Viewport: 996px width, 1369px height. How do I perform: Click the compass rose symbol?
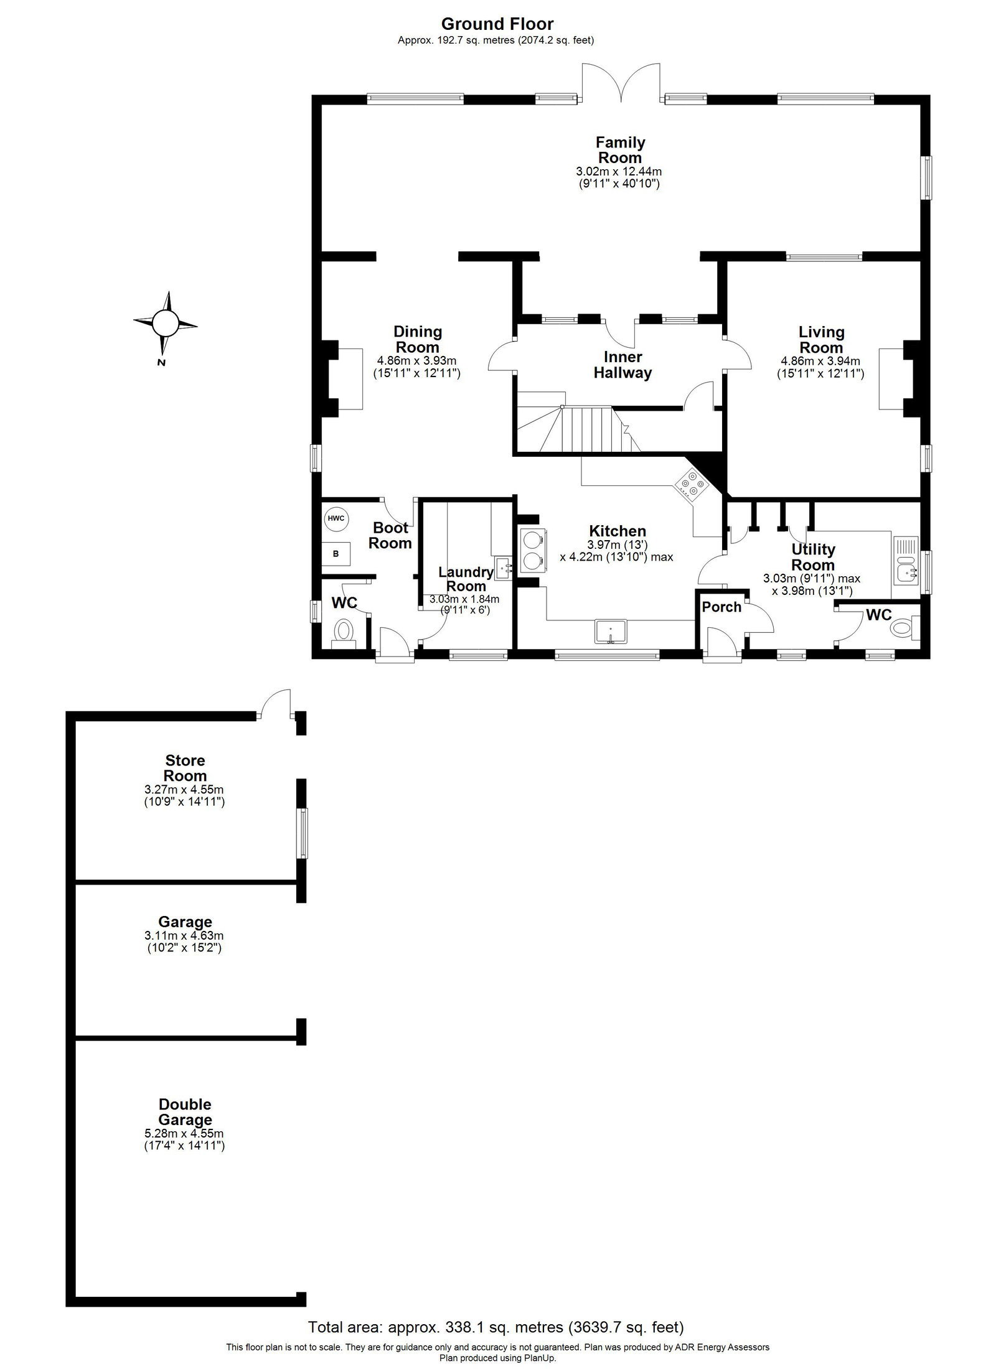[x=165, y=322]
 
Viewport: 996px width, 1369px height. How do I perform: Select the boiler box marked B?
[x=336, y=553]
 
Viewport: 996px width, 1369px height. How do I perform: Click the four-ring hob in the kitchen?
[x=691, y=485]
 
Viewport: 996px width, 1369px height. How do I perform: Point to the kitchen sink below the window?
[x=611, y=630]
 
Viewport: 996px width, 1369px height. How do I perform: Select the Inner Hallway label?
[x=622, y=365]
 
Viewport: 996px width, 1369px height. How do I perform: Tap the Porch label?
[x=721, y=607]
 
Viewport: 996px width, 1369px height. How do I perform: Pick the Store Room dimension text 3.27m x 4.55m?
[x=184, y=790]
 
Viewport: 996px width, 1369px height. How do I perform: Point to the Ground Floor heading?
[x=497, y=24]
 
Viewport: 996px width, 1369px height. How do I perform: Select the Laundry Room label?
[x=466, y=579]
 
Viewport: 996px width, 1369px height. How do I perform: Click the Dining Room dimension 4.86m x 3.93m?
[x=417, y=361]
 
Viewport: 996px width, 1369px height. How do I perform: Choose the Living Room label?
[x=821, y=340]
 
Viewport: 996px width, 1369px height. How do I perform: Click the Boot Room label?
[x=390, y=535]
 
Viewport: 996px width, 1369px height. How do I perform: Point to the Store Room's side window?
[x=302, y=833]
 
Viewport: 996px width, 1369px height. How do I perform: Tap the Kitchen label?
[x=618, y=531]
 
